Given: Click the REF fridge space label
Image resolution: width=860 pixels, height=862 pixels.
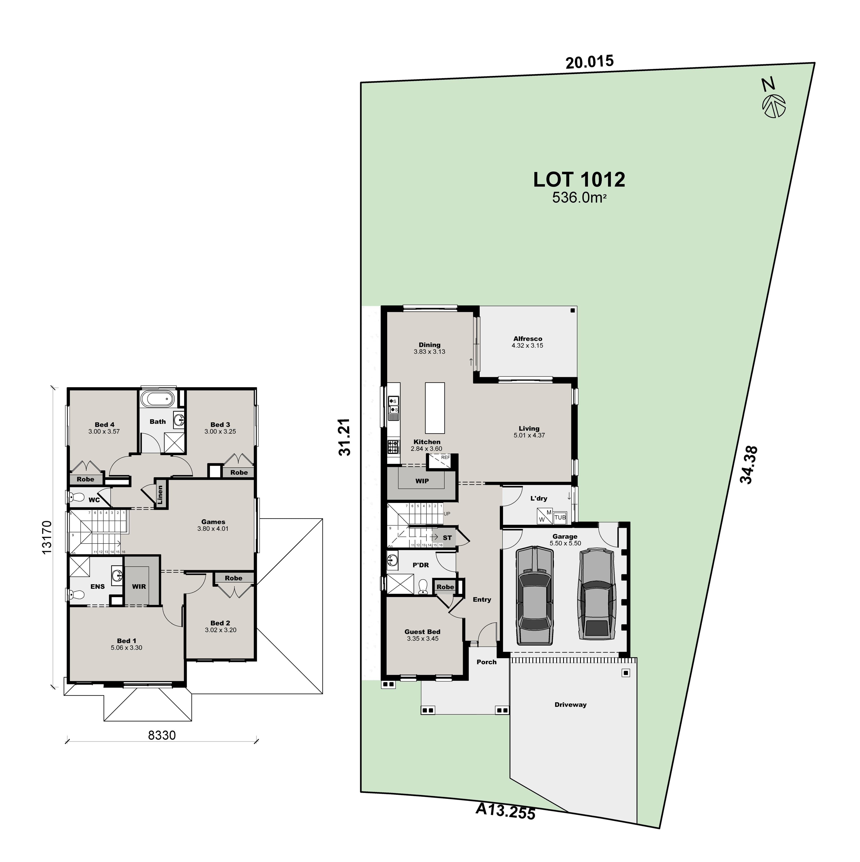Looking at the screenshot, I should click(x=445, y=457).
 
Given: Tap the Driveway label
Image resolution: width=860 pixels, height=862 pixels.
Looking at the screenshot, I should click(x=570, y=705).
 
